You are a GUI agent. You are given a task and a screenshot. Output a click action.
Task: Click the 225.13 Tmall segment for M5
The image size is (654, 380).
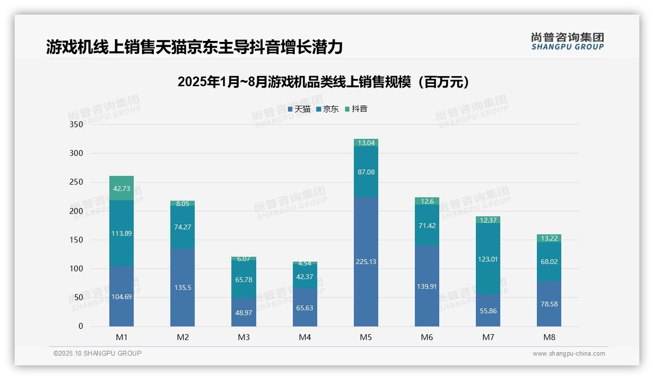tap(366, 262)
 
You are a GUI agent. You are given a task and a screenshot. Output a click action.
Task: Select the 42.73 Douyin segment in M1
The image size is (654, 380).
tap(122, 188)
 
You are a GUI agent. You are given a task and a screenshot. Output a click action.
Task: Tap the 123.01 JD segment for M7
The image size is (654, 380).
tap(488, 259)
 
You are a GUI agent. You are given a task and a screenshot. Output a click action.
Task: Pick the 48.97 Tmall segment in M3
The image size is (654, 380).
tap(244, 312)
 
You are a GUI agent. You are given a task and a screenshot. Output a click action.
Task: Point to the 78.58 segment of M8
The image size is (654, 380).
tap(549, 304)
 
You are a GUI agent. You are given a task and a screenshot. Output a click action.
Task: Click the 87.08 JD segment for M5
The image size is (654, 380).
tap(366, 172)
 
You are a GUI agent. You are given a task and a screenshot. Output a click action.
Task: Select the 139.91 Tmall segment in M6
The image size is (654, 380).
tap(427, 286)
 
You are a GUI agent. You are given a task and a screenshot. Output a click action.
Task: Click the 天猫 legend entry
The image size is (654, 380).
tap(299, 109)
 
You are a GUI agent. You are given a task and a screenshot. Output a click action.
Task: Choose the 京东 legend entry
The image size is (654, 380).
tap(327, 109)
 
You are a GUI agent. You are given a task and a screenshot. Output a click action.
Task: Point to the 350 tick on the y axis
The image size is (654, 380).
tap(77, 124)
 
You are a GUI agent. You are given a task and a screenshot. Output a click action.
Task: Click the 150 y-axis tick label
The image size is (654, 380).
tap(77, 240)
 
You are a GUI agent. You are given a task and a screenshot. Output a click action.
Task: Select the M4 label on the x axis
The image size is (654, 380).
tap(305, 337)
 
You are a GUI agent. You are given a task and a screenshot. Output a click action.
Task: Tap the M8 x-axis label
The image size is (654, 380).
tap(549, 337)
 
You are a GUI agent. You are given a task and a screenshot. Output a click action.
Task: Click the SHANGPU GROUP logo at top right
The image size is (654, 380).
tap(567, 41)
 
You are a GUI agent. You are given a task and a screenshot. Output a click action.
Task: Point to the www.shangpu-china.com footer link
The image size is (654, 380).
tap(569, 354)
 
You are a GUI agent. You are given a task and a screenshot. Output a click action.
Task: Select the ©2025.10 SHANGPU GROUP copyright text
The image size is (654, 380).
tap(98, 353)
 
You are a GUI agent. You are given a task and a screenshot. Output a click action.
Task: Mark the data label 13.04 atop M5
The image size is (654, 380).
tap(366, 143)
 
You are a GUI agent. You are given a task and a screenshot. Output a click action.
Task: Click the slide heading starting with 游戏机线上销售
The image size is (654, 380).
tap(194, 47)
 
